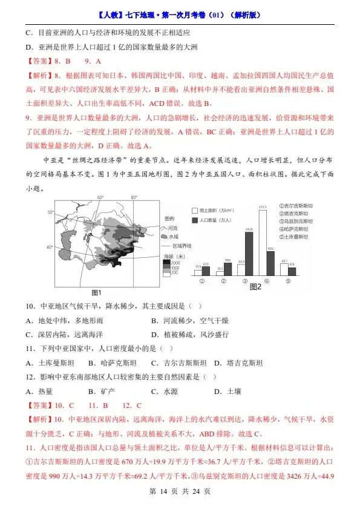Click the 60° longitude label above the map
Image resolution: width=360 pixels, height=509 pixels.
100,197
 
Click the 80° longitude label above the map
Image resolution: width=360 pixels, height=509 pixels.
134,197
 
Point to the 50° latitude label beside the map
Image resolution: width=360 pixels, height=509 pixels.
51,212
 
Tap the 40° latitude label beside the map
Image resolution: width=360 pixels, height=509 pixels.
51,248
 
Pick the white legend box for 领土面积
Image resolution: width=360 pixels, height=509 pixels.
195,208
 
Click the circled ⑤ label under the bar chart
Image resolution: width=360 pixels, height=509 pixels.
288,281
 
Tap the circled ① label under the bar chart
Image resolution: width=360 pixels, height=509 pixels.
201,281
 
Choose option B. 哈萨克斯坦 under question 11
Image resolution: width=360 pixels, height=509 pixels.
113,363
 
